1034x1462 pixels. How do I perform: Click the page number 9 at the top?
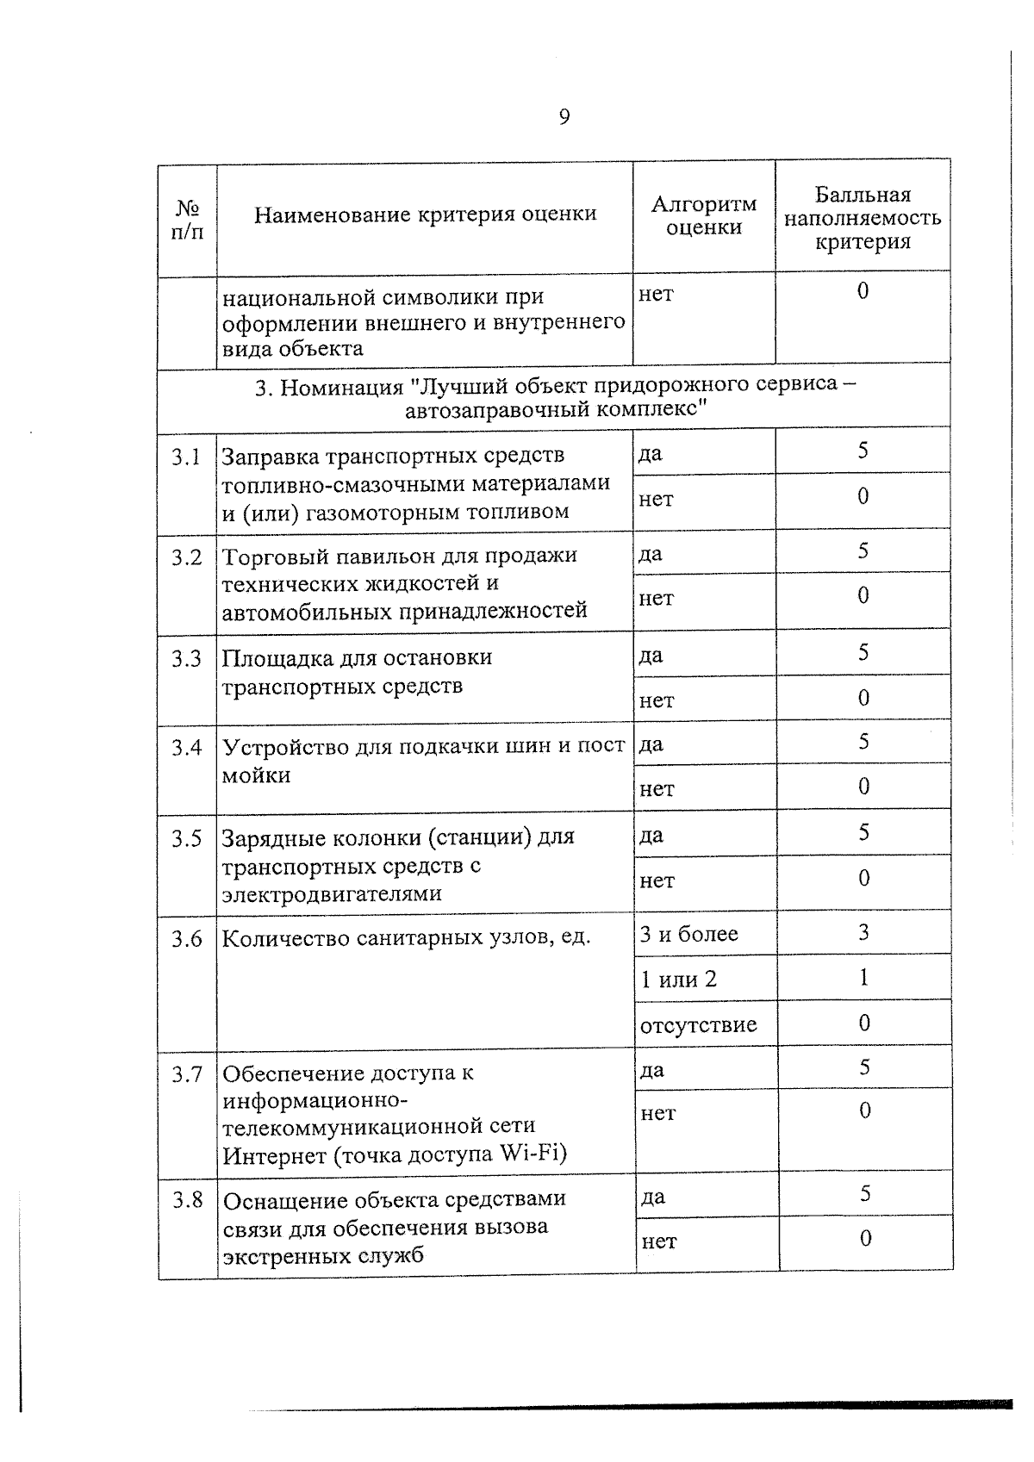point(564,117)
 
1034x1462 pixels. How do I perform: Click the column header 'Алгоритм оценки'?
point(704,216)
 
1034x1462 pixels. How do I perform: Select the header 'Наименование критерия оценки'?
point(425,215)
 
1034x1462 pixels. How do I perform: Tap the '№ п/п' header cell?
point(187,221)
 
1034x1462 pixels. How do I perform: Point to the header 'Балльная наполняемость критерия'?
point(863,219)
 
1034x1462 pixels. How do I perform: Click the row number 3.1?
point(186,457)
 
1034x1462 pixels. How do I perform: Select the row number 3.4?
point(186,747)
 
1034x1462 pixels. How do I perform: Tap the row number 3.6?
point(186,938)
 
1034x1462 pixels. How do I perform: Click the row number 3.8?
point(187,1199)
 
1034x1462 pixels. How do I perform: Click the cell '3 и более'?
point(688,935)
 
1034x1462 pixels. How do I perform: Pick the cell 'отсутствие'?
point(698,1025)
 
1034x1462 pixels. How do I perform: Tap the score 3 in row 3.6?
point(863,932)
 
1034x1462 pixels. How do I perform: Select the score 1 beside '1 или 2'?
point(863,977)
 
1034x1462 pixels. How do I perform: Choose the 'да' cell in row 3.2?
point(651,554)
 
